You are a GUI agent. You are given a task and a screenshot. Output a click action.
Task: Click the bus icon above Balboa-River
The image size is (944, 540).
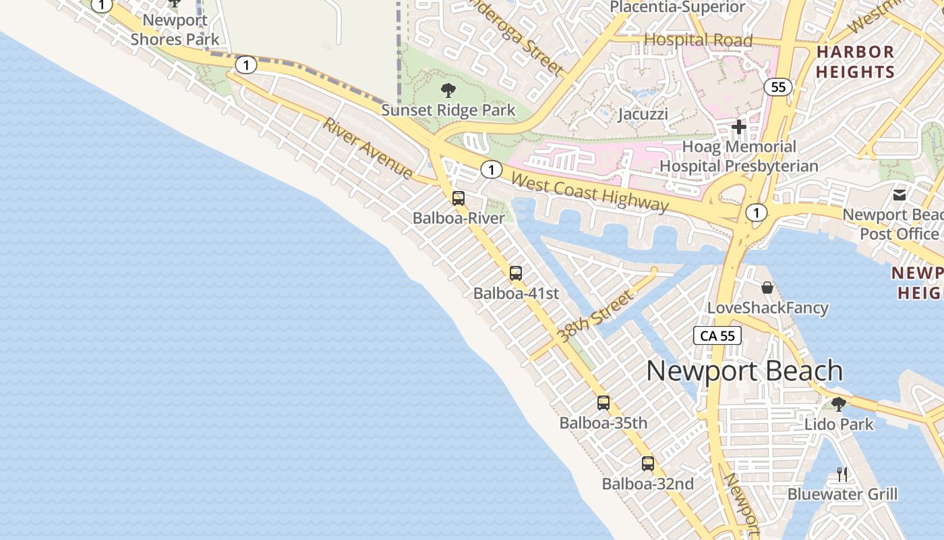point(459,198)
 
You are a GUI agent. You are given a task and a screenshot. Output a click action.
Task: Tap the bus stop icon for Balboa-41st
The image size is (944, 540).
point(516,273)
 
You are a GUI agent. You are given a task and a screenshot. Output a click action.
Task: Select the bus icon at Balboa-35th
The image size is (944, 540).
point(603,403)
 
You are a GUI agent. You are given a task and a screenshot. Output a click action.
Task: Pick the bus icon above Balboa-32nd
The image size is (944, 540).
point(648,464)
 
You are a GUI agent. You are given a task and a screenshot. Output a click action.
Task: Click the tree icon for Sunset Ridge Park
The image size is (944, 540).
point(448,90)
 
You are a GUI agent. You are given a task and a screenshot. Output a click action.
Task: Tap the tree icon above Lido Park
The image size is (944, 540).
point(839,404)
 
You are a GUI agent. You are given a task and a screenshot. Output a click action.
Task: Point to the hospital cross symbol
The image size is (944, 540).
point(738,126)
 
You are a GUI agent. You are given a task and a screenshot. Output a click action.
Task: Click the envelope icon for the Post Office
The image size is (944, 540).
point(899,195)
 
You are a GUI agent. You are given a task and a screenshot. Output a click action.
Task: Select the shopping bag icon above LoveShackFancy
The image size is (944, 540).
point(767,288)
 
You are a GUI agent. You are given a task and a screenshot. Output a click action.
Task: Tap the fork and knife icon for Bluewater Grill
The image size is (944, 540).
point(842,474)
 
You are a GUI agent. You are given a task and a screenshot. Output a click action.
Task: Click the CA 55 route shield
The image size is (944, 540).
point(717,335)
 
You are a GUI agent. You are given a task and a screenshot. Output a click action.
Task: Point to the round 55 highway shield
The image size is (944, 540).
point(778,87)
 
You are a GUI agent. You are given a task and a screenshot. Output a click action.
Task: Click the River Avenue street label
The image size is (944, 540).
point(367,148)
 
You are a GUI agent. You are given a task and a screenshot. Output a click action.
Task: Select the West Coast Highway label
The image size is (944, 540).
point(590,192)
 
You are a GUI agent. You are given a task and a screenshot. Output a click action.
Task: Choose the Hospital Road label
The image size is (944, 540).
point(698,40)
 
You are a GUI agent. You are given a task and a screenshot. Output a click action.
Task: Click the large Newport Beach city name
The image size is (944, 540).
point(744,371)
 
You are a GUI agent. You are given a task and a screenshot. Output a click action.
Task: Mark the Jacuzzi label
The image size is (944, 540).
point(643,113)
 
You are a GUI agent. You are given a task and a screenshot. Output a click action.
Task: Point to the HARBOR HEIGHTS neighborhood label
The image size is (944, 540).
point(855,61)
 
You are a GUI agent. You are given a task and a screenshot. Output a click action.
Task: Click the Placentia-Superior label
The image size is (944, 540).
point(677,7)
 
